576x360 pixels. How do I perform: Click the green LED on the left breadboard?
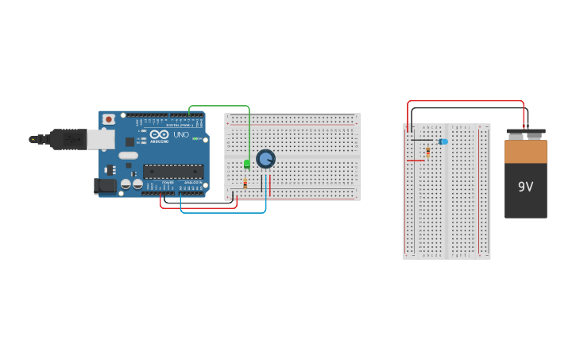(247, 164)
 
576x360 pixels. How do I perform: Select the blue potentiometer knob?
(265, 159)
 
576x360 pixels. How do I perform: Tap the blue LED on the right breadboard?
(443, 141)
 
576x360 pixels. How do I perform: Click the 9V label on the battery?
(525, 187)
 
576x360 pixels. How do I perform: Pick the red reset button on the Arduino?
(108, 119)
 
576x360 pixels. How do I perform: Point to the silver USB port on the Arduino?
(100, 140)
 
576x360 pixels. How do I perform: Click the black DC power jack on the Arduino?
(105, 187)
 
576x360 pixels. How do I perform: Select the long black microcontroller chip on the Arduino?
(173, 171)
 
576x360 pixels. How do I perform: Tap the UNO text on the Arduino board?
(181, 135)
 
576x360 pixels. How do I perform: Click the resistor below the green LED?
(245, 184)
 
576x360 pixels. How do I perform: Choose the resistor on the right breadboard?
(428, 151)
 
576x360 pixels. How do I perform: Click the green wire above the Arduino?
(218, 106)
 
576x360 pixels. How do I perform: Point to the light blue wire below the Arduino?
(222, 212)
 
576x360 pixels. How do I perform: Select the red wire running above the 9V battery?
(465, 102)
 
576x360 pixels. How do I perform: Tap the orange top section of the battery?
(525, 151)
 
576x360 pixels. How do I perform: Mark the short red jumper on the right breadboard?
(415, 161)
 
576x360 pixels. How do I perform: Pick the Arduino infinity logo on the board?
(160, 135)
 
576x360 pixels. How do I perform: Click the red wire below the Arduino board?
(199, 207)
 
